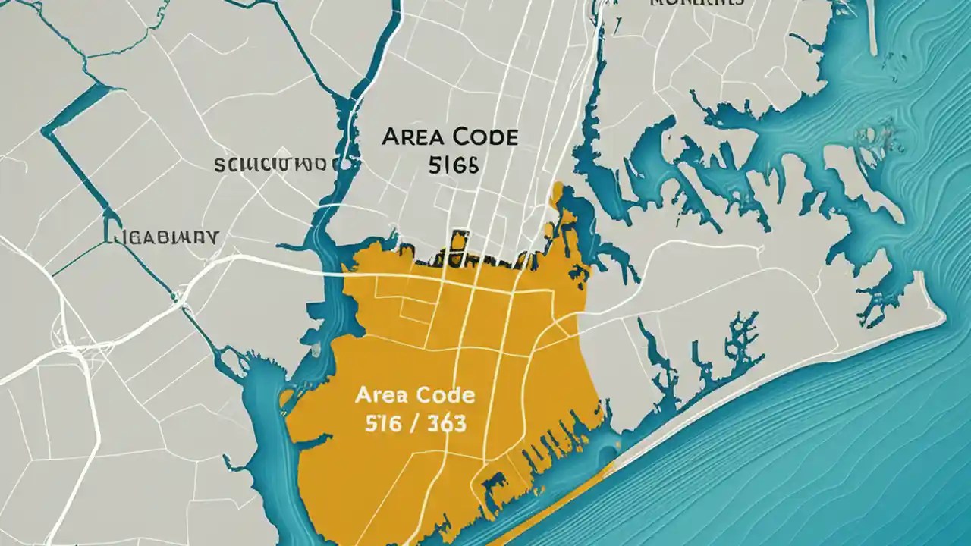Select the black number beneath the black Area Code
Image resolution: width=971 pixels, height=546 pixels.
point(453,166)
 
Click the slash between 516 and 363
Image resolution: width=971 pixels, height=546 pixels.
point(413,423)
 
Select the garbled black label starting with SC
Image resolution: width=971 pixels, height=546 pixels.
point(271,164)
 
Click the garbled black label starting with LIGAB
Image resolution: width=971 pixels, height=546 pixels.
point(161,236)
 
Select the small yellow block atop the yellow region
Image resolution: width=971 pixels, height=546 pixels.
point(458,241)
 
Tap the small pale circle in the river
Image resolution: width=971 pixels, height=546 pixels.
point(346,163)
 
